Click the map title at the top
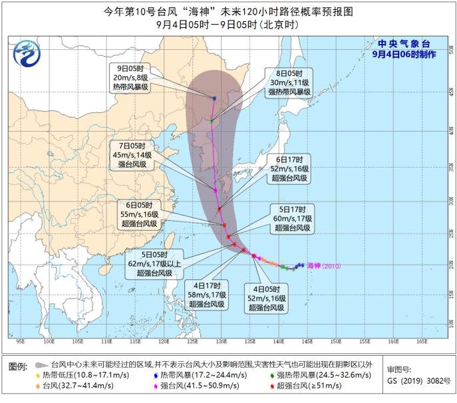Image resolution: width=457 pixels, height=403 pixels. (229, 11)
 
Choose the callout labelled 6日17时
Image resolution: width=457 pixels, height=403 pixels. (289, 169)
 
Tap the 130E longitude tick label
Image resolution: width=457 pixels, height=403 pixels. (192, 342)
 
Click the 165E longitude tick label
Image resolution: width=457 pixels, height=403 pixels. (422, 342)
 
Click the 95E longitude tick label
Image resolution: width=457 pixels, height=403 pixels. (21, 342)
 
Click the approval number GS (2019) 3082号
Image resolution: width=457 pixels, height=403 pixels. (415, 384)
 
